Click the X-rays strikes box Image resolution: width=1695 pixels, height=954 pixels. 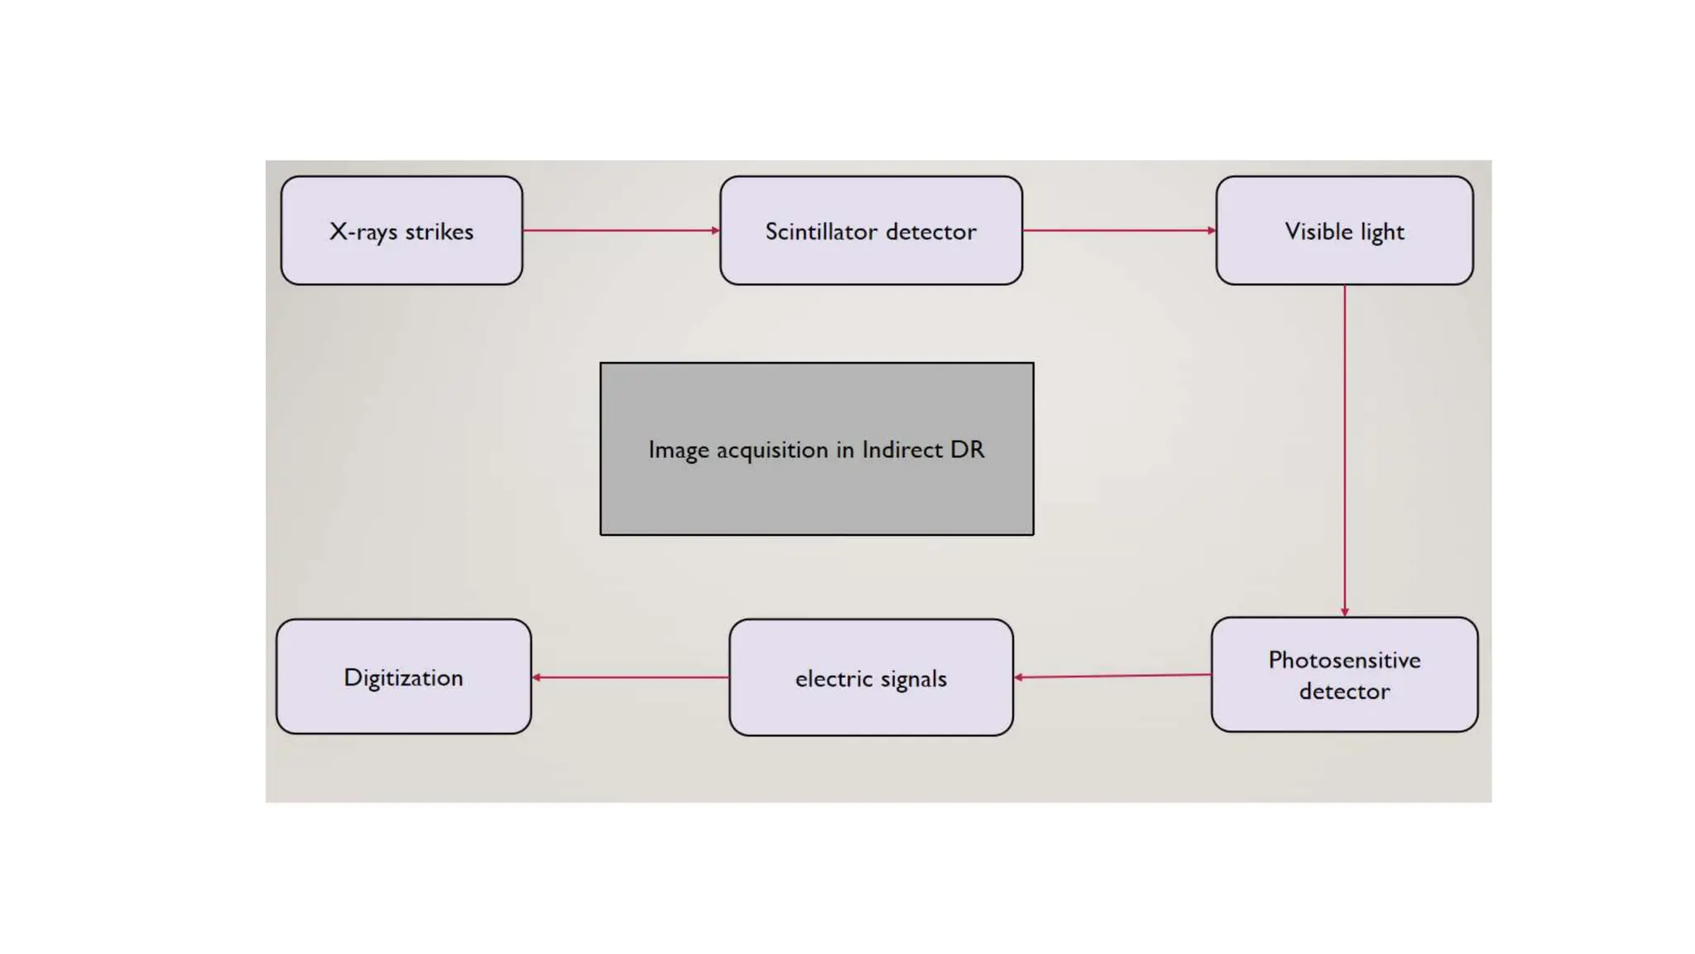[x=401, y=230]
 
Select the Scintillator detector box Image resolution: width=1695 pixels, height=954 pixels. [x=871, y=230]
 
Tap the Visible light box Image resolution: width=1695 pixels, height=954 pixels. [x=1344, y=230]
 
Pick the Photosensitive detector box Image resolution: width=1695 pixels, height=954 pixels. [x=1344, y=674]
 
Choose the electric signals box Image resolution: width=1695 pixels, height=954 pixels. [x=871, y=677]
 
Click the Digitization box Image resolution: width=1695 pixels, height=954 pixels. [x=403, y=677]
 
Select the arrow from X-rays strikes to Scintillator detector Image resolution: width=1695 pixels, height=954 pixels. [x=621, y=230]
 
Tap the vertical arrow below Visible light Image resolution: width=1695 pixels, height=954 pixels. [x=1344, y=451]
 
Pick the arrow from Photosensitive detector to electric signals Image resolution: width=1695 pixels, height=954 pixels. [x=1112, y=676]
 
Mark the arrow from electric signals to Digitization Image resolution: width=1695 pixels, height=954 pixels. [x=630, y=677]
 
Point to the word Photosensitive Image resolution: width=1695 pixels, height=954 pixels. [x=1344, y=660]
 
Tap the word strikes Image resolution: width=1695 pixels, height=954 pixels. [x=439, y=231]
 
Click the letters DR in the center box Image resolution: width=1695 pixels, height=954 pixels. [x=968, y=450]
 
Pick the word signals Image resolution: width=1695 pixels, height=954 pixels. [x=913, y=679]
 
